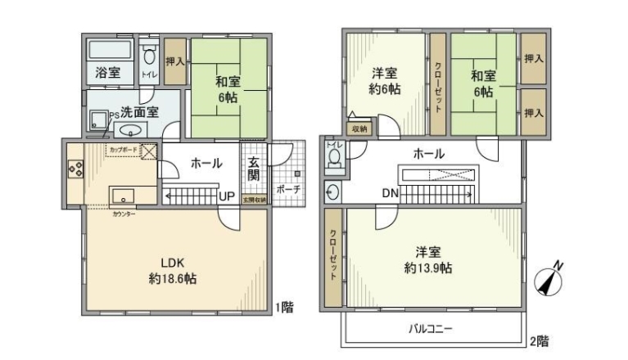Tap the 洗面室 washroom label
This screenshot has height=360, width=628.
tap(139, 112)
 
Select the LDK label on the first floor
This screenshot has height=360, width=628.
tap(172, 263)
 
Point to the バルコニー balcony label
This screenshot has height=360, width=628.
tap(431, 329)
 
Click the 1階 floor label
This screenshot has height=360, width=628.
tap(284, 308)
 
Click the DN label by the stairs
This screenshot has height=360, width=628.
tap(390, 194)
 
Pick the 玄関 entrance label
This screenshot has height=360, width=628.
tap(253, 167)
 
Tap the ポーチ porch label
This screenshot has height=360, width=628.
tap(287, 189)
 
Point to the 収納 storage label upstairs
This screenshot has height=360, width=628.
tap(359, 129)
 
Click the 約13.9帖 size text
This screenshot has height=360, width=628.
tap(429, 268)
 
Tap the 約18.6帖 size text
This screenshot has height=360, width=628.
tap(172, 278)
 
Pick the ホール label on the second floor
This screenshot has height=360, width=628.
tap(428, 153)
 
